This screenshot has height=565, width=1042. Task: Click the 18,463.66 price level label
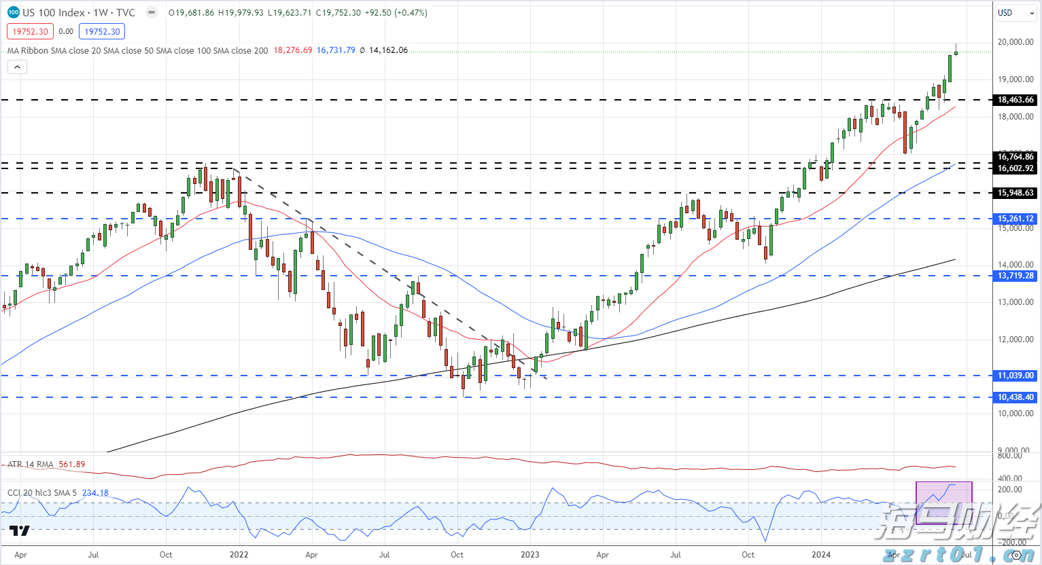pyautogui.click(x=1015, y=100)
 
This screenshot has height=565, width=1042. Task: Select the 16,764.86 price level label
pyautogui.click(x=1015, y=157)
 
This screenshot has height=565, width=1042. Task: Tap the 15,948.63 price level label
pyautogui.click(x=1015, y=193)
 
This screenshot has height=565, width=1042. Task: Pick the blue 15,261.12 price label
pyautogui.click(x=1015, y=219)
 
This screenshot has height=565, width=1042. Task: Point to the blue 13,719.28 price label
pyautogui.click(x=1015, y=276)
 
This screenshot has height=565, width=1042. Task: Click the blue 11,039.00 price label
pyautogui.click(x=1015, y=376)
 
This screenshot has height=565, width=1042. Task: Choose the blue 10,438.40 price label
pyautogui.click(x=1015, y=397)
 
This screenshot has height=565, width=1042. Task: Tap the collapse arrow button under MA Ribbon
pyautogui.click(x=17, y=67)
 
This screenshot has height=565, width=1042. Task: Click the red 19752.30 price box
pyautogui.click(x=30, y=31)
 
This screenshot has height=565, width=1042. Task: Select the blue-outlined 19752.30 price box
pyautogui.click(x=102, y=31)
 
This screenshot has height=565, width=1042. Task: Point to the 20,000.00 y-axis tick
pyautogui.click(x=1015, y=42)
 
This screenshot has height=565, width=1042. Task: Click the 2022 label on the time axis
pyautogui.click(x=239, y=555)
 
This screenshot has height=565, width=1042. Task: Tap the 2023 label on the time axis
pyautogui.click(x=529, y=555)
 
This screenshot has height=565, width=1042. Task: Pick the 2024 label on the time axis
pyautogui.click(x=820, y=555)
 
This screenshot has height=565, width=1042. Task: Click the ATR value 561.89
pyautogui.click(x=72, y=464)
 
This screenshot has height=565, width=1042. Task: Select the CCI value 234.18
pyautogui.click(x=95, y=493)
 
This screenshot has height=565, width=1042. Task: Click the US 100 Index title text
pyautogui.click(x=54, y=13)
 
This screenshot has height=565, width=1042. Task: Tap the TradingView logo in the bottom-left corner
pyautogui.click(x=20, y=531)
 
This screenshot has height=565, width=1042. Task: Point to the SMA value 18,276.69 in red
pyautogui.click(x=293, y=50)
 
